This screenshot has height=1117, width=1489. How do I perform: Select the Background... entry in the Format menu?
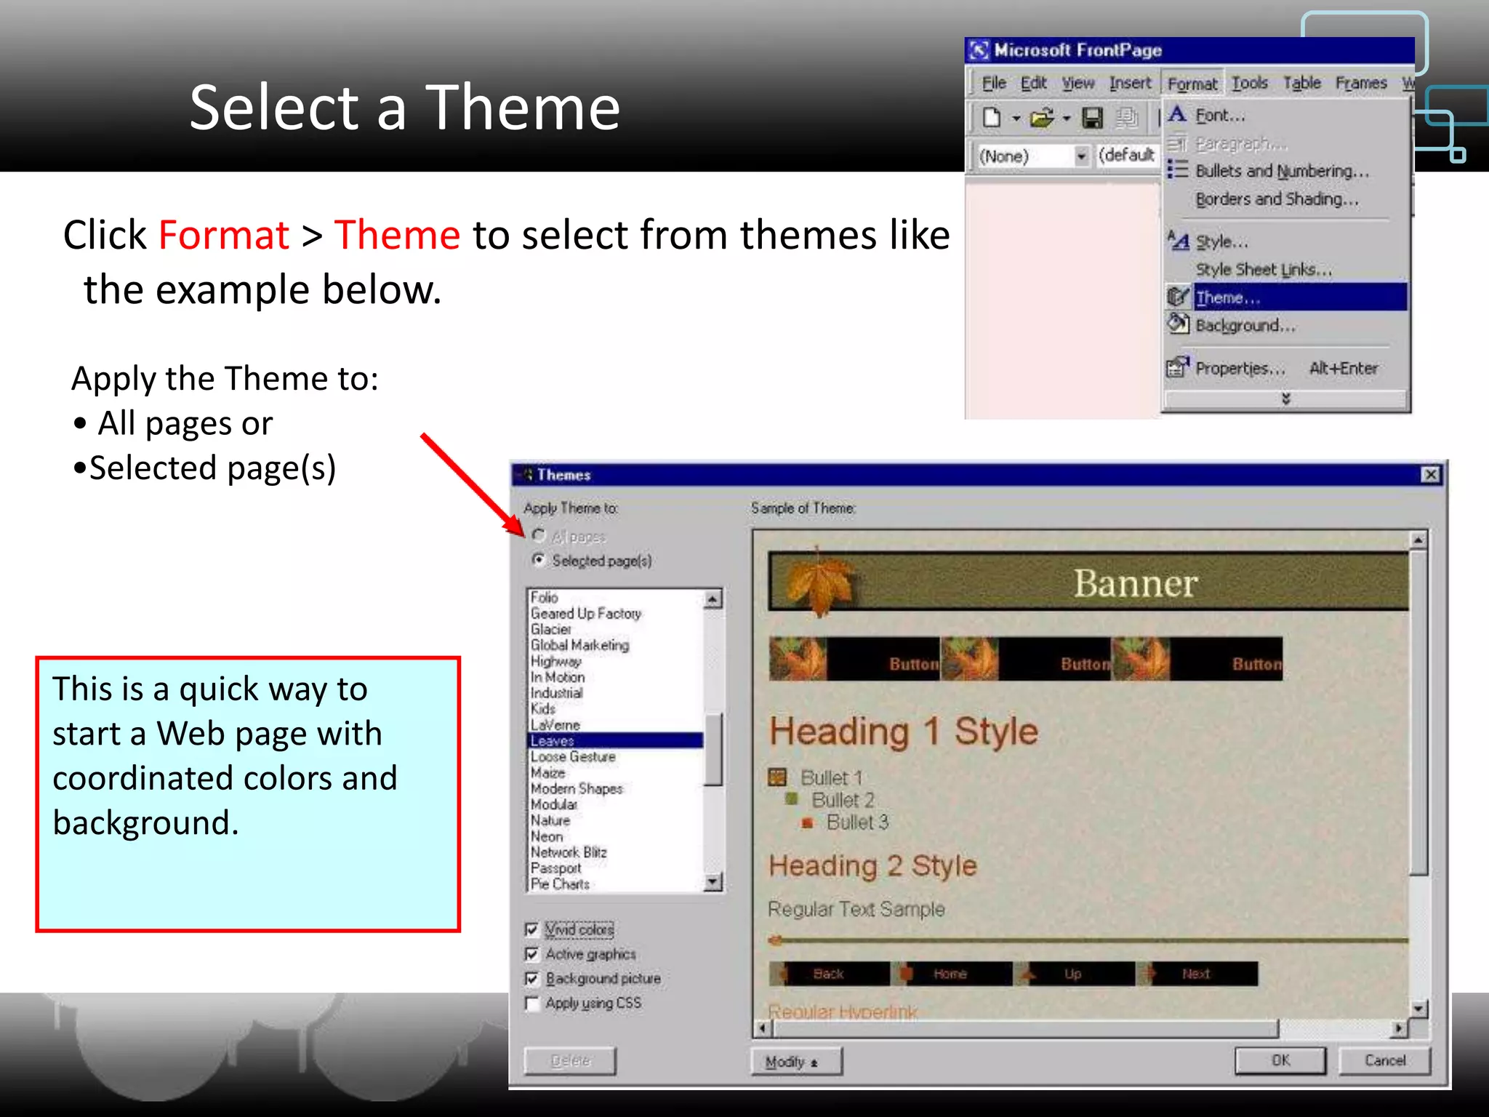[x=1245, y=325]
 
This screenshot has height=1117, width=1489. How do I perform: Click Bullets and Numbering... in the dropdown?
[x=1281, y=171]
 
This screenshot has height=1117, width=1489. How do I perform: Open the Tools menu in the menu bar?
[x=1249, y=84]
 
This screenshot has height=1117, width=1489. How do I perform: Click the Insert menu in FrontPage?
[x=1129, y=84]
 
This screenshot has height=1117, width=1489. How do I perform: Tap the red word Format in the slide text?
[x=224, y=235]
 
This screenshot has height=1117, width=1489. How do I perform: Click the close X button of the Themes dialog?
[x=1430, y=475]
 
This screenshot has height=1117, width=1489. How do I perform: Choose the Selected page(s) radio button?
[x=539, y=560]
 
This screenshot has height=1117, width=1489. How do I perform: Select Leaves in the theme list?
[x=553, y=740]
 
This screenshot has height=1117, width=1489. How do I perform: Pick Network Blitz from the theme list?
[x=568, y=852]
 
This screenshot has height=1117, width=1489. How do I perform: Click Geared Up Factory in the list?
[x=585, y=614]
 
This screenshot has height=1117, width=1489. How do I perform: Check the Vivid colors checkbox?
[x=531, y=929]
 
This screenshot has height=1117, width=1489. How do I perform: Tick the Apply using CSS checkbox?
[x=531, y=1004]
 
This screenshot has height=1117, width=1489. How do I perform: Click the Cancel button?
[x=1384, y=1060]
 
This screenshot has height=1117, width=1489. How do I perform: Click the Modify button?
[x=795, y=1062]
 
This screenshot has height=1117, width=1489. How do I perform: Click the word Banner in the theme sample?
[x=1135, y=582]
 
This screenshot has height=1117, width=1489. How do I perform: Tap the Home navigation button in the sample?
[x=950, y=974]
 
